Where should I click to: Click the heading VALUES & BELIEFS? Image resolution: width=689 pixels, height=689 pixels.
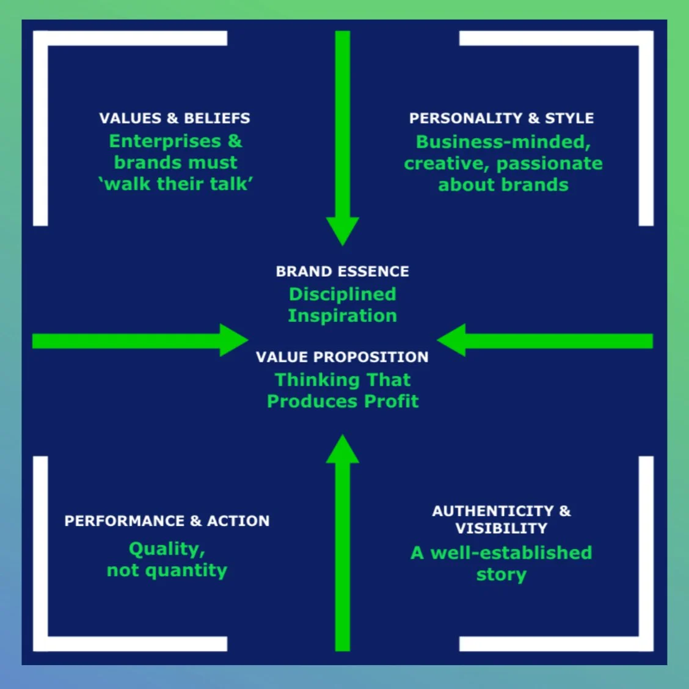pyautogui.click(x=175, y=118)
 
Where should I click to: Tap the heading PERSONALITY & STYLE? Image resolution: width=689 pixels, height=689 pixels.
pyautogui.click(x=501, y=118)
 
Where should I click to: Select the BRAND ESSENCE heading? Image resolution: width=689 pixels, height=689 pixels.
pyautogui.click(x=342, y=271)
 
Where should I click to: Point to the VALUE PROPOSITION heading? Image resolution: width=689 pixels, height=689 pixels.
pyautogui.click(x=342, y=357)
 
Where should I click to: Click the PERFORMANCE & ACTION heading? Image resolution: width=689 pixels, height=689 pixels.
pyautogui.click(x=167, y=521)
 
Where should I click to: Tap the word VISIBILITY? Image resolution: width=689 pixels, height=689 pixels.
pyautogui.click(x=501, y=528)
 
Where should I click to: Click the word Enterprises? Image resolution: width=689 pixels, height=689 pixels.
pyautogui.click(x=165, y=142)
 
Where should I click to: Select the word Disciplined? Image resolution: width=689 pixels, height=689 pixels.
pyautogui.click(x=342, y=294)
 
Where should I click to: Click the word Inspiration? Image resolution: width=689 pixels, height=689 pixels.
pyautogui.click(x=342, y=316)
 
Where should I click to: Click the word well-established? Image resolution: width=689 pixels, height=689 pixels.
pyautogui.click(x=511, y=553)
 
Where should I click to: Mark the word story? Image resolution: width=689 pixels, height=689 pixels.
pyautogui.click(x=501, y=575)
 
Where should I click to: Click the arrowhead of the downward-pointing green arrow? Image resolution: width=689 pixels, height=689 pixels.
pyautogui.click(x=343, y=230)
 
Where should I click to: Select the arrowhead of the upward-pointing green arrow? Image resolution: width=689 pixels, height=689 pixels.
pyautogui.click(x=343, y=450)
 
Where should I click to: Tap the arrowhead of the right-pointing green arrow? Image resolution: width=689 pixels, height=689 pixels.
pyautogui.click(x=233, y=340)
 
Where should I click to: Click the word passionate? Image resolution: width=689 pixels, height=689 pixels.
pyautogui.click(x=549, y=164)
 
